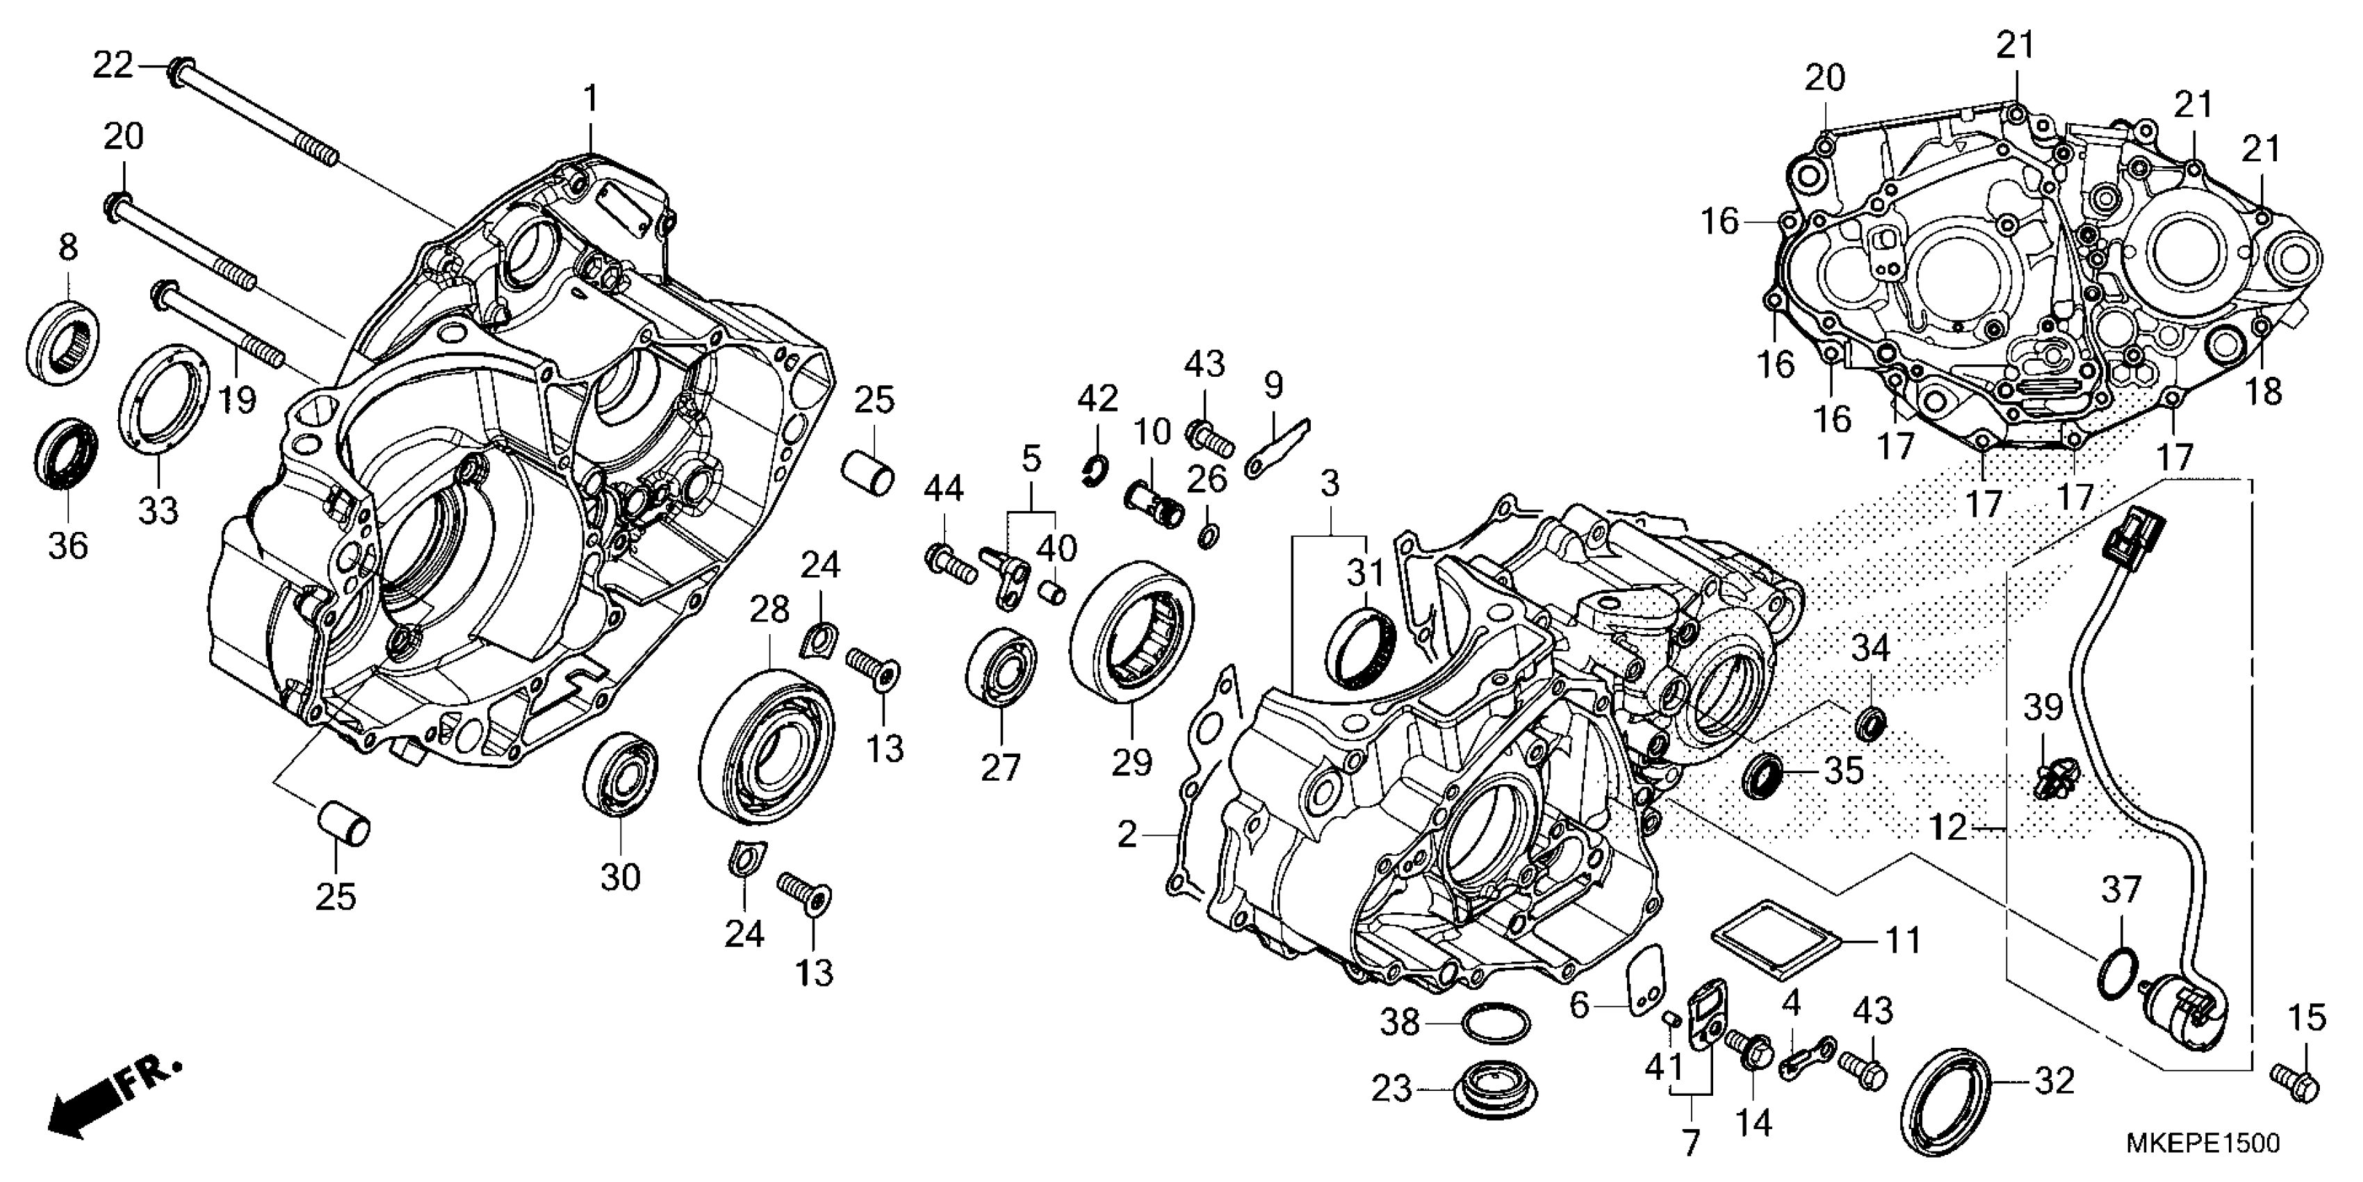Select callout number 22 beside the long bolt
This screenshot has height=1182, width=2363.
pos(113,66)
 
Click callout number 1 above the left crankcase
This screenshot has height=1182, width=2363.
pos(591,97)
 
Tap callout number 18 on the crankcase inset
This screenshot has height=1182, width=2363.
pos(2263,392)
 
